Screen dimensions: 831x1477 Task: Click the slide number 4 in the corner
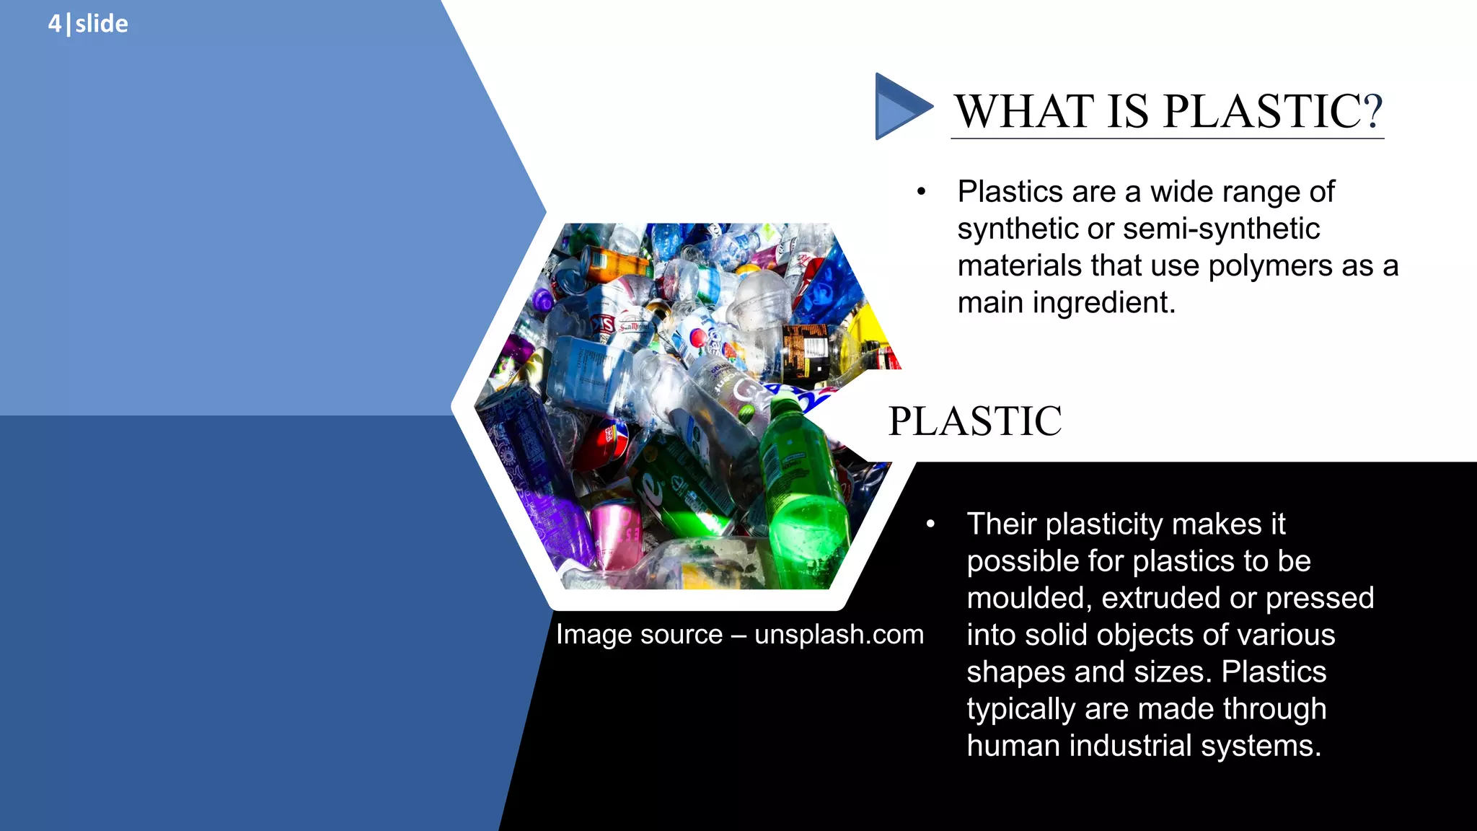coord(54,24)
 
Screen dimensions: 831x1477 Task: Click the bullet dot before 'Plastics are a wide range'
coord(921,193)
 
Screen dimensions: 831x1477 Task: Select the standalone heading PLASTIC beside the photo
coord(974,421)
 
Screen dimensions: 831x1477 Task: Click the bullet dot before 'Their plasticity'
coord(930,524)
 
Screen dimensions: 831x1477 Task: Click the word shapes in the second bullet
coord(1015,672)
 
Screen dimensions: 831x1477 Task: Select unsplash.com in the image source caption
coord(839,635)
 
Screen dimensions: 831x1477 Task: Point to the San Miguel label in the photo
coord(635,326)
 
